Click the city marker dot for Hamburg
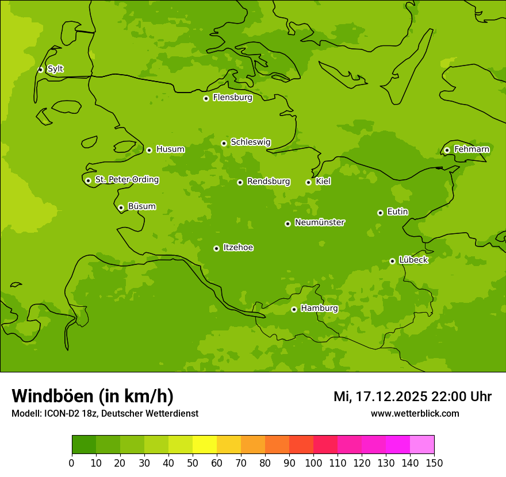click(294, 309)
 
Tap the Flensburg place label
click(232, 98)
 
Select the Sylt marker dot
click(40, 70)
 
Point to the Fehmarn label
click(471, 149)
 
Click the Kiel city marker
click(308, 182)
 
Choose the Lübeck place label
click(413, 260)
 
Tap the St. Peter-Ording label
click(126, 180)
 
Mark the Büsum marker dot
click(121, 207)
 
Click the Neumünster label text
click(320, 222)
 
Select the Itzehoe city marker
click(216, 248)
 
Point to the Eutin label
click(397, 212)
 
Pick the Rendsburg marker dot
click(240, 182)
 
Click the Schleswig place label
click(250, 142)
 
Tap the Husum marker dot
click(149, 150)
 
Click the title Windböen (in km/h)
click(93, 396)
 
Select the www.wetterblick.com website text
click(415, 413)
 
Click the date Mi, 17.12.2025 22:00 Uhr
click(412, 397)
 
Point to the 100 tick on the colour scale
click(313, 463)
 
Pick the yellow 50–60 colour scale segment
click(205, 445)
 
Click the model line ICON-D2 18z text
click(105, 413)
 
